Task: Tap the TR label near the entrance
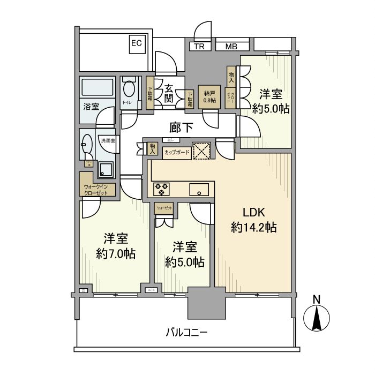[199, 47]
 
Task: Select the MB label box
[231, 47]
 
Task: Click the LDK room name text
[253, 211]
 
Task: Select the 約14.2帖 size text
[253, 228]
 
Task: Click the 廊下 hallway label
[182, 127]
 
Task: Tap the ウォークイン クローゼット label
[96, 189]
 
